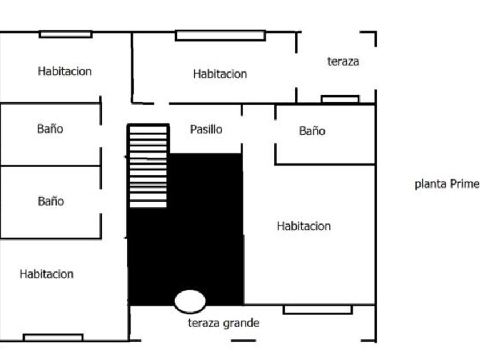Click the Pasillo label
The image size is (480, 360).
206,129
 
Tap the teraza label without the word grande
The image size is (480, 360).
343,62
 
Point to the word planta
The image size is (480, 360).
429,185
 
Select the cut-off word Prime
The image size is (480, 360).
463,185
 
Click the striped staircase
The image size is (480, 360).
148,166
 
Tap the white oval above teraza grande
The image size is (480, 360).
190,301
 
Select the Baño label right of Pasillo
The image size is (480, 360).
312,131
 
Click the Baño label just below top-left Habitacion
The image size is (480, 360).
50,129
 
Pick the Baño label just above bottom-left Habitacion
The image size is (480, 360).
51,201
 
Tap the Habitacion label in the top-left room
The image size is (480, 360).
65,71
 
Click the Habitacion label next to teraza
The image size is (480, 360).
220,74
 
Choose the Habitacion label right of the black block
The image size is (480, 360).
303,226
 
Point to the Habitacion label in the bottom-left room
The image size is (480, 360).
46,274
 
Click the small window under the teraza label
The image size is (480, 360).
340,99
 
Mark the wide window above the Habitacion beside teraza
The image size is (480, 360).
220,35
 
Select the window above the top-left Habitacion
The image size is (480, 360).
65,34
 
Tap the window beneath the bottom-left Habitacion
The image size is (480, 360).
53,337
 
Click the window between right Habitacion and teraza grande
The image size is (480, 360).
317,310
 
